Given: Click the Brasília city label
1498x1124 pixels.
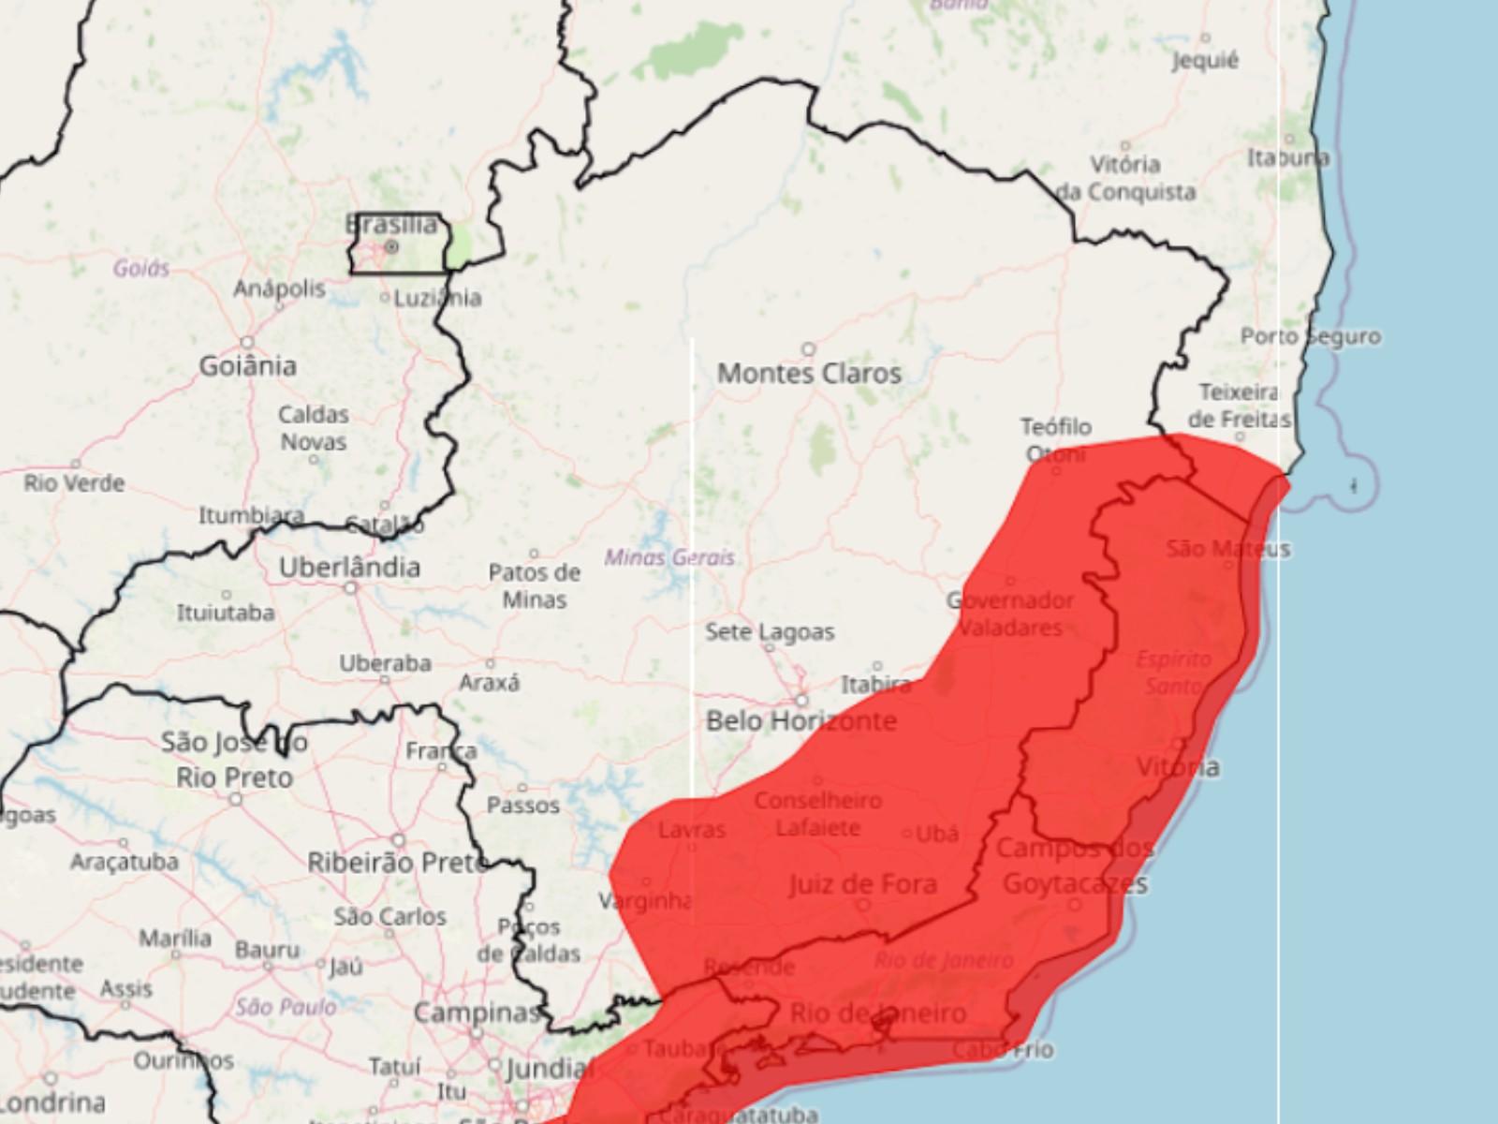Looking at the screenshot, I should [391, 225].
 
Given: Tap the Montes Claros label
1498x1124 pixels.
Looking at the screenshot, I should [809, 374].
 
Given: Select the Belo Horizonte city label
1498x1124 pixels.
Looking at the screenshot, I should [800, 721].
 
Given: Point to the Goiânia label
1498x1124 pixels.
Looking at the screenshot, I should [247, 365].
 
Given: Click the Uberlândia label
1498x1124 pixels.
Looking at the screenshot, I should [349, 568].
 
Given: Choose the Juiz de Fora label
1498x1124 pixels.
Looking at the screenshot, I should [862, 884].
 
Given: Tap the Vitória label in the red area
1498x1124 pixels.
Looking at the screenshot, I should [1178, 767].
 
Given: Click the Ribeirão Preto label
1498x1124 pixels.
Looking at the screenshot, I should [397, 863].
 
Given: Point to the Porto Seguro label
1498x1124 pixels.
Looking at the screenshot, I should [1311, 336].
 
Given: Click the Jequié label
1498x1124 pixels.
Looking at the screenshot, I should [1205, 61].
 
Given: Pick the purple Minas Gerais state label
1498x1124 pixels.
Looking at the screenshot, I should [668, 557].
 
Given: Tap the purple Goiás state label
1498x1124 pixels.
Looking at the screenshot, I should [141, 269].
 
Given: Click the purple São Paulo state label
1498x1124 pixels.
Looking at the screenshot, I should [286, 1007].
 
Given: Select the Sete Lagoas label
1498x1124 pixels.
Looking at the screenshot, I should [770, 632].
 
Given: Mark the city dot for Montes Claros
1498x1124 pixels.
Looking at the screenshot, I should [809, 349].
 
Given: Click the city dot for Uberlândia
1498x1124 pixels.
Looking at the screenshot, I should [351, 588].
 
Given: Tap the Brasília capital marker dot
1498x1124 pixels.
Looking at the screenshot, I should [391, 247].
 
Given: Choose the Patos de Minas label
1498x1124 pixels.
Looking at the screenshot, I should [535, 585].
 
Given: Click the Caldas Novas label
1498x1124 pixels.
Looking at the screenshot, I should [314, 428].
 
